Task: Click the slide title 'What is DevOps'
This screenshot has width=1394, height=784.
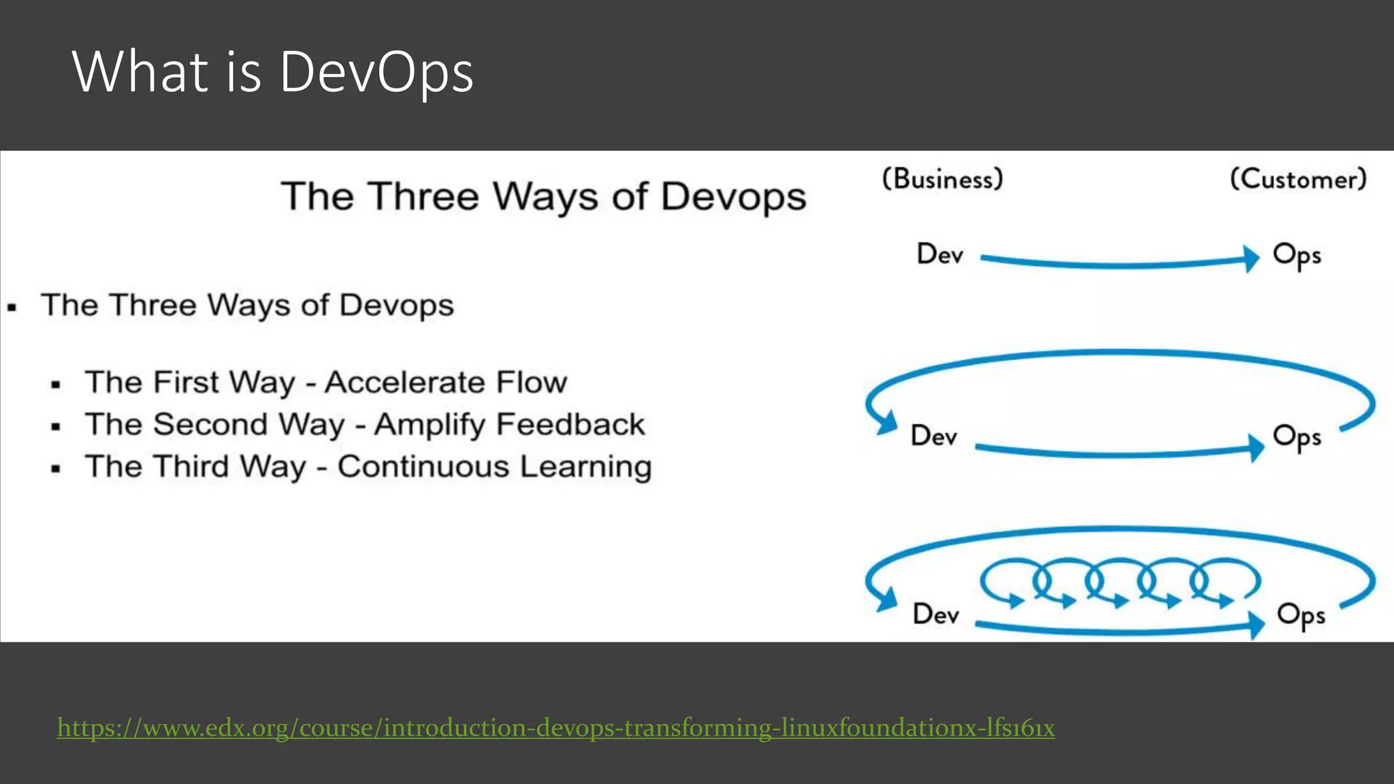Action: pyautogui.click(x=272, y=72)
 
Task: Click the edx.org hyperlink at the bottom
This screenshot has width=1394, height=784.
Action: pyautogui.click(x=555, y=728)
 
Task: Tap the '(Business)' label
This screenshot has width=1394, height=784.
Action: pyautogui.click(x=943, y=179)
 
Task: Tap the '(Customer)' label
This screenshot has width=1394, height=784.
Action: pyautogui.click(x=1298, y=180)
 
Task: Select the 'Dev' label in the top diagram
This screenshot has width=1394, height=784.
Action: pyautogui.click(x=940, y=255)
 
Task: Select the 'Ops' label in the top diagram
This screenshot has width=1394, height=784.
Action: pyautogui.click(x=1297, y=256)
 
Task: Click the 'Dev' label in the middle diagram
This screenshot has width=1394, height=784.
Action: pyautogui.click(x=934, y=436)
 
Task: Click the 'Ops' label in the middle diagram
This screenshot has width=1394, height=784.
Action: pyautogui.click(x=1297, y=438)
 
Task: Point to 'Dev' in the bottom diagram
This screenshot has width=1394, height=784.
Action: pyautogui.click(x=936, y=615)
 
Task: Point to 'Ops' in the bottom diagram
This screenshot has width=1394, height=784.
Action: pyautogui.click(x=1301, y=615)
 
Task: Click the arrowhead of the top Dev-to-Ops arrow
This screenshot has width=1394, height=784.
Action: pyautogui.click(x=1251, y=259)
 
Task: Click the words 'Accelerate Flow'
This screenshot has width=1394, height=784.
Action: pyautogui.click(x=446, y=382)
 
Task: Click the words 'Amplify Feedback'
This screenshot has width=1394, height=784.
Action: pyautogui.click(x=509, y=425)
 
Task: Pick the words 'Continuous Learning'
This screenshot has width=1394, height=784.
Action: pyautogui.click(x=495, y=467)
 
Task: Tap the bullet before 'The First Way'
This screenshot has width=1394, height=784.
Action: pyautogui.click(x=56, y=385)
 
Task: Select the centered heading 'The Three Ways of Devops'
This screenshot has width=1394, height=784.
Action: pyautogui.click(x=543, y=197)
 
